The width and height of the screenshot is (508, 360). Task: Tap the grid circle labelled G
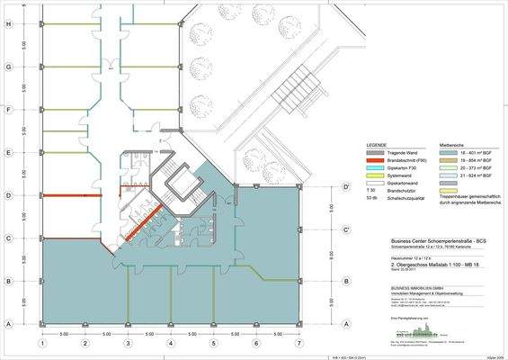pos(8,67)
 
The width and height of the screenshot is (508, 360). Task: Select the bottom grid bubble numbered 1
pos(41,343)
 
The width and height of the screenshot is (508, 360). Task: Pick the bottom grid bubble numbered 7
pos(299,343)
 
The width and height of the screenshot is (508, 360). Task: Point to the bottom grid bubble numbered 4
pos(171,343)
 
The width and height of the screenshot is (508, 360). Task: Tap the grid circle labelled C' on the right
pos(345,230)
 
